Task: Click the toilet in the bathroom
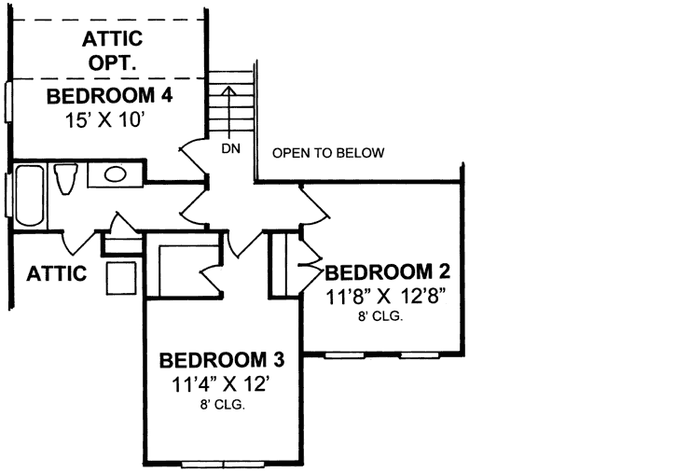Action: (66, 178)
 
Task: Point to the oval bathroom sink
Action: (117, 174)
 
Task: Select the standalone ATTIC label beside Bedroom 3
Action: (56, 274)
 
